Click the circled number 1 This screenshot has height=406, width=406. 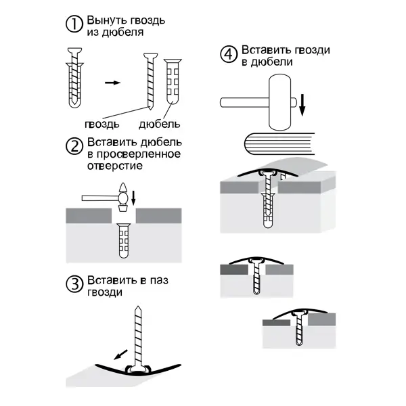(x=74, y=24)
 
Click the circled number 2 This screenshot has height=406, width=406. (x=74, y=146)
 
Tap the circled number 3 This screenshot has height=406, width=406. (x=74, y=284)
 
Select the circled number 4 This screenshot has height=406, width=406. (x=229, y=54)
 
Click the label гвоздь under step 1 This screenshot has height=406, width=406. (x=102, y=125)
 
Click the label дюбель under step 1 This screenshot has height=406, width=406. (x=159, y=125)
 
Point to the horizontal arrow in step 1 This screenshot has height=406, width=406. (x=112, y=83)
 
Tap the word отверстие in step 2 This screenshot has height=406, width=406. (x=115, y=166)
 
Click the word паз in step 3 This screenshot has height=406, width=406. (x=159, y=280)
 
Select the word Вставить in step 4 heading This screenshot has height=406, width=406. (x=265, y=49)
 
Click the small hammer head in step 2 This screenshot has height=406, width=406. (x=123, y=198)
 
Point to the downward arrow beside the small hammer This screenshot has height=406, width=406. (x=133, y=198)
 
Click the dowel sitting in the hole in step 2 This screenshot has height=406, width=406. (x=124, y=240)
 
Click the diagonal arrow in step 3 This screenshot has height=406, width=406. (x=120, y=355)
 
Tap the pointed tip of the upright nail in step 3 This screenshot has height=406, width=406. (x=138, y=307)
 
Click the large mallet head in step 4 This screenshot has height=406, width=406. (x=280, y=102)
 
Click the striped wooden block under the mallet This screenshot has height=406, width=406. (x=279, y=143)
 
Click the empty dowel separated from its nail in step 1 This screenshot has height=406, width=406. (x=173, y=82)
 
